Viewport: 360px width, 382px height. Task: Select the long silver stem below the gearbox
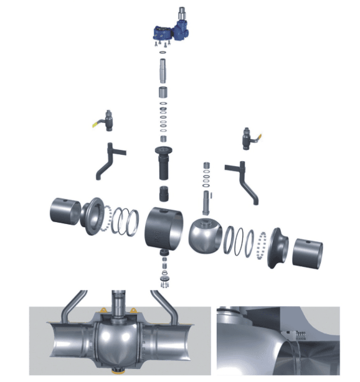click(163, 68)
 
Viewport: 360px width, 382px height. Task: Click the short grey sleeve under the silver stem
click(164, 94)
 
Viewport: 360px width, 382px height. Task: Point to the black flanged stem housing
click(164, 162)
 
